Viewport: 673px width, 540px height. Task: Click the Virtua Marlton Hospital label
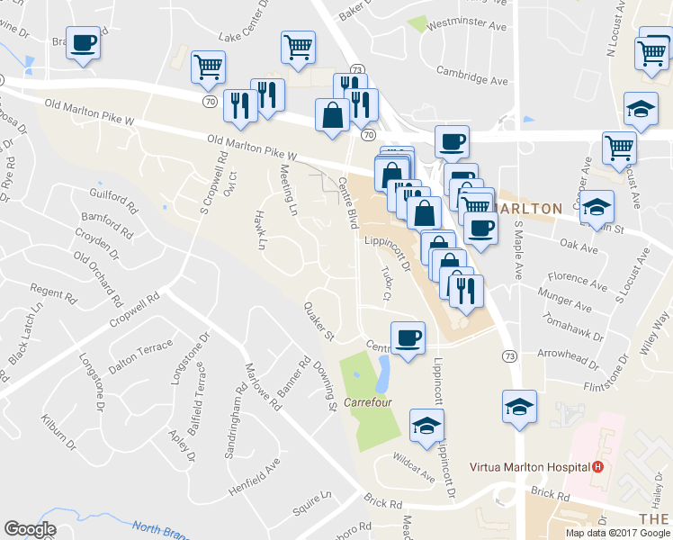[x=530, y=467]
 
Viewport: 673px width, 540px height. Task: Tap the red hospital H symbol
[x=597, y=467]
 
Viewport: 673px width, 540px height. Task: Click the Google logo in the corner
[x=30, y=529]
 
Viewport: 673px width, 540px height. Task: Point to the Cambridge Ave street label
[x=471, y=75]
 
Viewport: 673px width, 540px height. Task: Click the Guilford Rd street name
[x=113, y=199]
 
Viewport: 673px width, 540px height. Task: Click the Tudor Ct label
[x=387, y=283]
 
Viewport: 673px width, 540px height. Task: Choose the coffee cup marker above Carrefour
[x=408, y=337]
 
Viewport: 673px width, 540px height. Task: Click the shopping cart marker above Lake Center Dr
[x=298, y=46]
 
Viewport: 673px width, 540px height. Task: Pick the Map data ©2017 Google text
[x=617, y=533]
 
